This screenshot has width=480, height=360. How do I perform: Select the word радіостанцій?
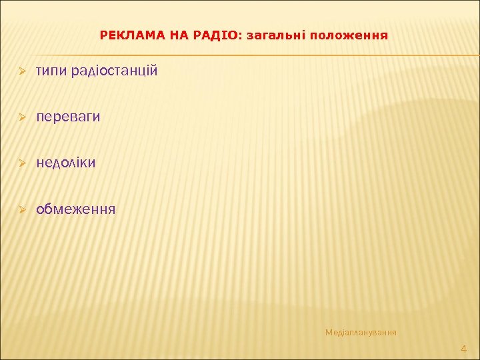point(115,71)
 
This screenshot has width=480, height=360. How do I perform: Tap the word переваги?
point(69,117)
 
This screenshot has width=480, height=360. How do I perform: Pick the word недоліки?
point(66,163)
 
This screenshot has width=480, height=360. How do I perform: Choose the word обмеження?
point(76,209)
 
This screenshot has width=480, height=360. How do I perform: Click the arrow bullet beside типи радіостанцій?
point(22,71)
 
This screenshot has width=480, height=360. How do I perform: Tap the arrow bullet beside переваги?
point(22,117)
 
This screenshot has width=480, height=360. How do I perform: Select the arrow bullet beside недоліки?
point(22,163)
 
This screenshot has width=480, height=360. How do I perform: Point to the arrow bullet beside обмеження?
point(22,210)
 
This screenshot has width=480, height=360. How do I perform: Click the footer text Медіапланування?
point(361,332)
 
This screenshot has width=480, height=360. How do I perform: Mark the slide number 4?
point(464,349)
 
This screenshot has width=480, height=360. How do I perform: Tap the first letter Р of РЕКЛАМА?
point(103,34)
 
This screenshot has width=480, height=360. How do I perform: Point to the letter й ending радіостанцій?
point(154,71)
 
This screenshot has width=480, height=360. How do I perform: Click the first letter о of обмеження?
point(41,210)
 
